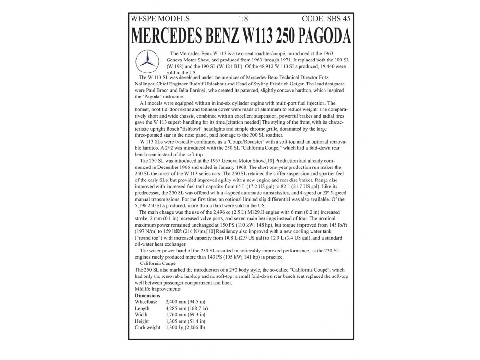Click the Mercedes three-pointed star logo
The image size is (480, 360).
pyautogui.click(x=147, y=61)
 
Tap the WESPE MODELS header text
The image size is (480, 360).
pyautogui.click(x=160, y=19)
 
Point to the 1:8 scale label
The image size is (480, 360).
pyautogui.click(x=243, y=19)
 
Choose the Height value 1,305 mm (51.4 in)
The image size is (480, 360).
pyautogui.click(x=185, y=321)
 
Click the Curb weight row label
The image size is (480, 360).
pyautogui.click(x=147, y=327)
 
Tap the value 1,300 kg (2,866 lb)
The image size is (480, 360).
pyautogui.click(x=185, y=327)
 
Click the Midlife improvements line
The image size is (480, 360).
pyautogui.click(x=158, y=289)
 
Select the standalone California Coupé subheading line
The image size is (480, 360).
pyautogui.click(x=157, y=264)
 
